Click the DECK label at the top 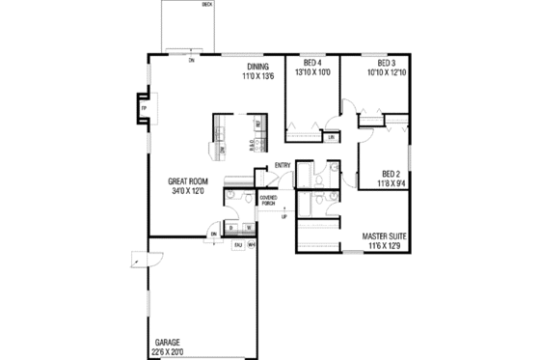[206, 4]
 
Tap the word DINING [257, 65]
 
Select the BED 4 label [311, 65]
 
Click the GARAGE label [168, 343]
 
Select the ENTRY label [283, 165]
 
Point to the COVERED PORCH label [269, 201]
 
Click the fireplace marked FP [143, 108]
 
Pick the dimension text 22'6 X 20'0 [173, 351]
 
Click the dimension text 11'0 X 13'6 [257, 74]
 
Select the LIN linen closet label [331, 138]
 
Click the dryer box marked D [231, 228]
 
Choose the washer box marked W [248, 228]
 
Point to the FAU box [237, 245]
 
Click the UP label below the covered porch [283, 217]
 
